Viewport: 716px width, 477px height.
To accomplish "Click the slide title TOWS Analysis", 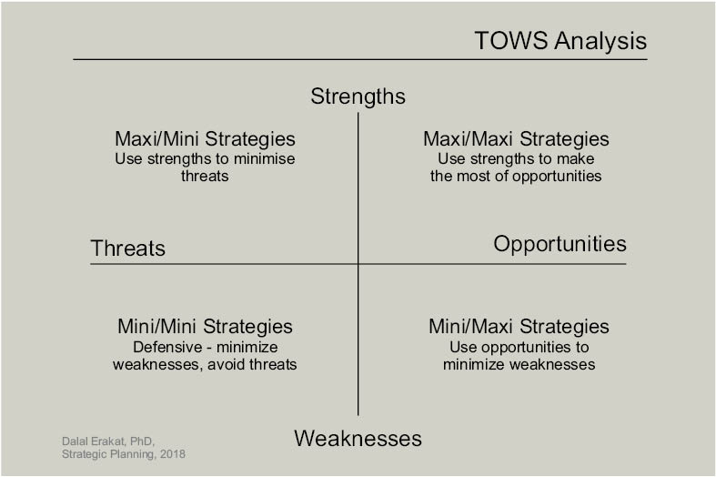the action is (x=560, y=41).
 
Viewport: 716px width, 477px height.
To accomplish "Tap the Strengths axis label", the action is (x=358, y=96).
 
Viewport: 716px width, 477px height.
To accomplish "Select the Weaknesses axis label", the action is (x=358, y=439).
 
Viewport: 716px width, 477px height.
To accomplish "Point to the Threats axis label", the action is (x=128, y=249).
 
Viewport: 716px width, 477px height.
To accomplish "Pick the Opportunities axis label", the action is (x=560, y=245).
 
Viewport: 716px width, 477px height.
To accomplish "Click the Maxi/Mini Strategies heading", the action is (x=205, y=139).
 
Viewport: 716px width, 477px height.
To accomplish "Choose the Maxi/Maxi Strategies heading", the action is (x=516, y=139).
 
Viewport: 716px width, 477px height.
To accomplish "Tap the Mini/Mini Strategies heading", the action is (x=205, y=327).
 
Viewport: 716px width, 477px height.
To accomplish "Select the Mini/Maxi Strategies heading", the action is (x=519, y=327).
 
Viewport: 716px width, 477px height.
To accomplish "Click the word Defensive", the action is (x=167, y=347).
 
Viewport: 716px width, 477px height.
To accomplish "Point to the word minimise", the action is (x=265, y=159).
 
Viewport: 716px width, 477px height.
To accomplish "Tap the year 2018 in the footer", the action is (x=173, y=454).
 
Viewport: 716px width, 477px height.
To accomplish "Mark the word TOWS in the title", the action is (x=511, y=41).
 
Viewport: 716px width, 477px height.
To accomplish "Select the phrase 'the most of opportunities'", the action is (x=516, y=177).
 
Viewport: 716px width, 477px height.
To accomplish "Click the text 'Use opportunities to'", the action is (x=519, y=347).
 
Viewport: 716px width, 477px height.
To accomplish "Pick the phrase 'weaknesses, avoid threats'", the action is (x=205, y=365).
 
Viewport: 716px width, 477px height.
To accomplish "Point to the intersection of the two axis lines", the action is (x=358, y=264).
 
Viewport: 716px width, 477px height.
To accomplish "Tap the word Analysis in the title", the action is (x=600, y=41).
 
